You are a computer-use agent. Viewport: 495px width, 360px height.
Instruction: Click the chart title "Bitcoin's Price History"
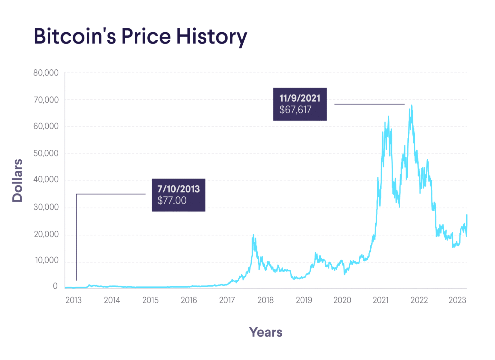click(x=140, y=36)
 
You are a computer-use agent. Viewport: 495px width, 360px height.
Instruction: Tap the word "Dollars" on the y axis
click(x=17, y=181)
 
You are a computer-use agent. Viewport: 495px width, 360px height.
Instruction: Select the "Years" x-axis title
click(x=266, y=332)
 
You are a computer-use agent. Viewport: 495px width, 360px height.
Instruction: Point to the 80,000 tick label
click(x=46, y=73)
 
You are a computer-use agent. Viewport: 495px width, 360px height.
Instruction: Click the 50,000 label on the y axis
click(x=46, y=153)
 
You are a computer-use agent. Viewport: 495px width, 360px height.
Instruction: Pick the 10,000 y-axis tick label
click(x=47, y=260)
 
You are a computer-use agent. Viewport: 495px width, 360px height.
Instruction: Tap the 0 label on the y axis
click(x=55, y=286)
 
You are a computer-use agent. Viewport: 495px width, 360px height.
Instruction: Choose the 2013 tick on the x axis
click(x=73, y=300)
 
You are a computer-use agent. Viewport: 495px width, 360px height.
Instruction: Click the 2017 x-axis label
click(x=227, y=300)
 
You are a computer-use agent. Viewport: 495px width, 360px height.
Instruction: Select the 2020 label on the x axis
click(x=342, y=300)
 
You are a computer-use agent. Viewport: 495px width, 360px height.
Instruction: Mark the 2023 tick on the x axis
click(x=457, y=300)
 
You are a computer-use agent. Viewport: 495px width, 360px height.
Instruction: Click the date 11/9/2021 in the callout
click(x=300, y=98)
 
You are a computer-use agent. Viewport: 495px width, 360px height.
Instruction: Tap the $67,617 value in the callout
click(x=295, y=110)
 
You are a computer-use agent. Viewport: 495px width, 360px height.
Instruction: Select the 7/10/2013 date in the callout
click(x=179, y=189)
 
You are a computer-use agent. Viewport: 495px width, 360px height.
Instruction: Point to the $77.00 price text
click(x=172, y=201)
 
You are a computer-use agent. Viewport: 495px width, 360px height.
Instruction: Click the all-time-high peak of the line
click(x=412, y=105)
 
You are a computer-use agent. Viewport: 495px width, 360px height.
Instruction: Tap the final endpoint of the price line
click(x=467, y=215)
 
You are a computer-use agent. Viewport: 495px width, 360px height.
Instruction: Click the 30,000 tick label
click(x=46, y=207)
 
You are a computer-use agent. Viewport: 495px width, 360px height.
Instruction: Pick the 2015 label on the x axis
click(x=150, y=300)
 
